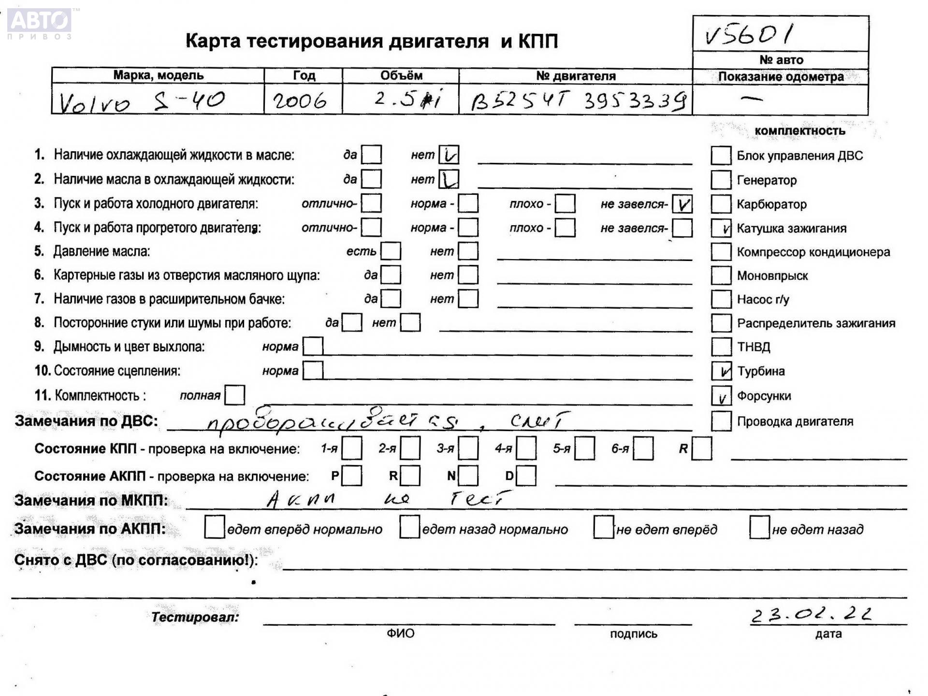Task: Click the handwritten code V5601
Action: pyautogui.click(x=749, y=35)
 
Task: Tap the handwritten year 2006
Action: pyautogui.click(x=300, y=101)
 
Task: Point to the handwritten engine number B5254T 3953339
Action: pyautogui.click(x=578, y=101)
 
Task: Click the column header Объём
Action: pyautogui.click(x=401, y=75)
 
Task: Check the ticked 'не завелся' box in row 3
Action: pyautogui.click(x=682, y=204)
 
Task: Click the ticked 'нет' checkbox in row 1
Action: pyautogui.click(x=449, y=155)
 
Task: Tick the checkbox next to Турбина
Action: pyautogui.click(x=721, y=371)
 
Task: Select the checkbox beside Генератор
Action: pyautogui.click(x=721, y=180)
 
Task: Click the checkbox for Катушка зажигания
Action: pyautogui.click(x=721, y=228)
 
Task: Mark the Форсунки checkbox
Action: pyautogui.click(x=721, y=396)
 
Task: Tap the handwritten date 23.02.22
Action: pyautogui.click(x=812, y=615)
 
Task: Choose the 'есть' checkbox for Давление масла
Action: pyautogui.click(x=391, y=251)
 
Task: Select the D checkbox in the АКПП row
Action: pyautogui.click(x=526, y=476)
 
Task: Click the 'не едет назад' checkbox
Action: pyautogui.click(x=759, y=527)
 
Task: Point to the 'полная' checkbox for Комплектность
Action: pyautogui.click(x=235, y=395)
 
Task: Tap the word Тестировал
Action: pyautogui.click(x=195, y=617)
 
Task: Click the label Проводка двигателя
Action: pyautogui.click(x=795, y=421)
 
